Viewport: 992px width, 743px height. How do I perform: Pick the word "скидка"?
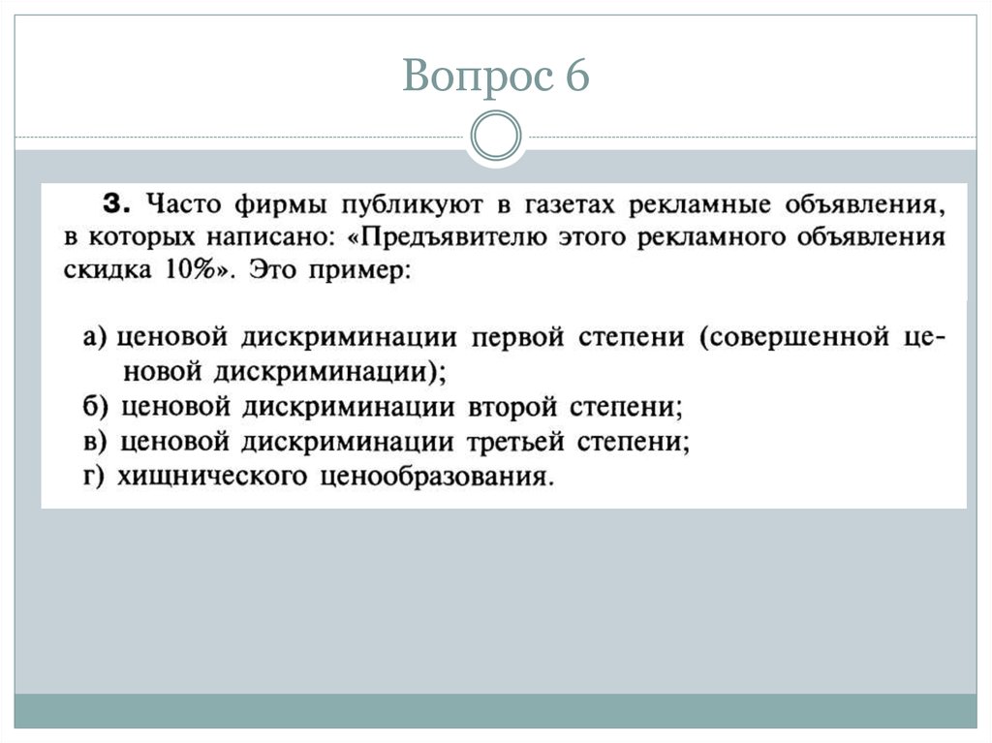click(x=108, y=270)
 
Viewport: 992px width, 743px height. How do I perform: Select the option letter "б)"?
click(x=96, y=408)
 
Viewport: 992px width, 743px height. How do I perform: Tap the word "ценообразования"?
click(x=433, y=476)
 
